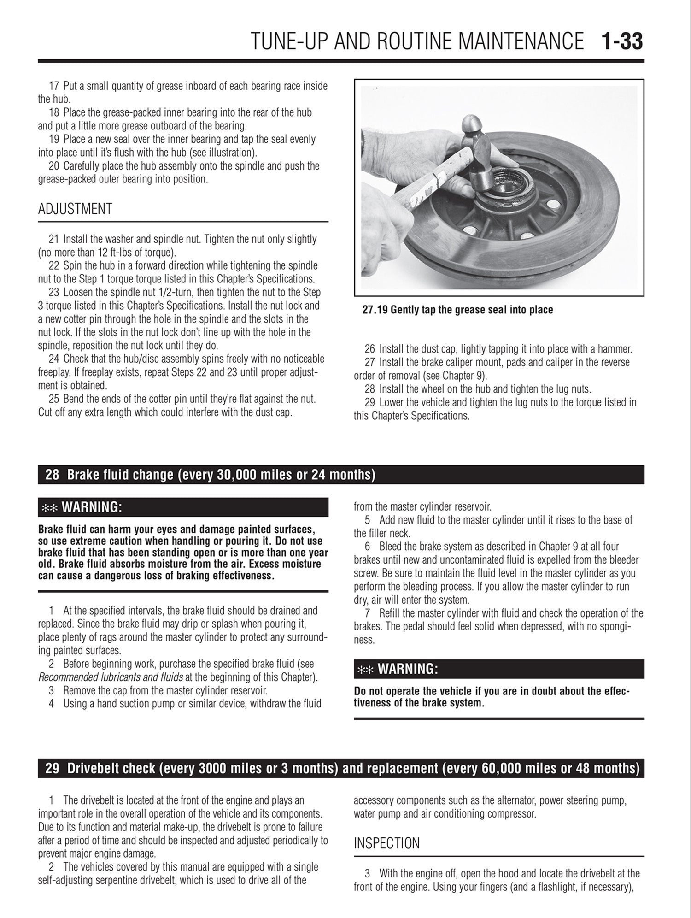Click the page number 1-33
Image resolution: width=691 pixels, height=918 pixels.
click(x=622, y=41)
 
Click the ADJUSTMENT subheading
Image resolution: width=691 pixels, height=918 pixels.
click(x=75, y=209)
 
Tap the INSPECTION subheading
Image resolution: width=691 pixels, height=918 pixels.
click(x=386, y=843)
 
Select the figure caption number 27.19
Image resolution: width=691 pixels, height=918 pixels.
click(x=375, y=310)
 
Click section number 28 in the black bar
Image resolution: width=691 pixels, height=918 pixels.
click(x=52, y=475)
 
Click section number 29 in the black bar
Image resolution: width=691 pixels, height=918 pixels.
click(x=52, y=768)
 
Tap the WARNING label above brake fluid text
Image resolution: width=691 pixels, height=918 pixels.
click(x=91, y=507)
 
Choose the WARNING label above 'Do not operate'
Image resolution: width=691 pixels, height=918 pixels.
click(x=407, y=669)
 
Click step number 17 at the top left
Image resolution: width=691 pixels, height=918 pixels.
click(x=54, y=86)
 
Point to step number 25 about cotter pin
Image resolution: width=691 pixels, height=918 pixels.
click(x=54, y=399)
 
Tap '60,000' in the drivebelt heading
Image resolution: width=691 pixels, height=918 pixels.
click(x=503, y=768)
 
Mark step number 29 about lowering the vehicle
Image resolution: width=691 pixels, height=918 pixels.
click(x=370, y=402)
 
